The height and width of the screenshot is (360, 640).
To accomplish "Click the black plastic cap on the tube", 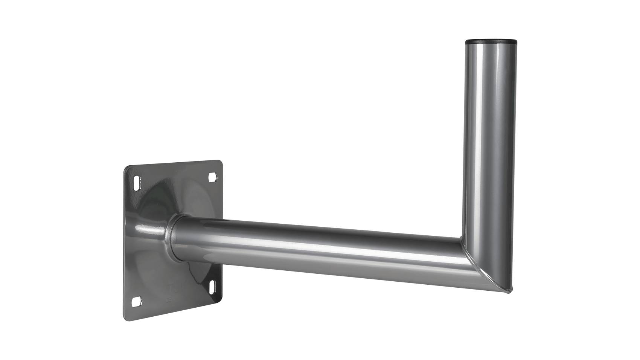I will [490, 41].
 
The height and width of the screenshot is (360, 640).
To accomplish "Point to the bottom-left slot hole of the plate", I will [137, 301].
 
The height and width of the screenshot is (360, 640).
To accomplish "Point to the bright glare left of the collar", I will [149, 228].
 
